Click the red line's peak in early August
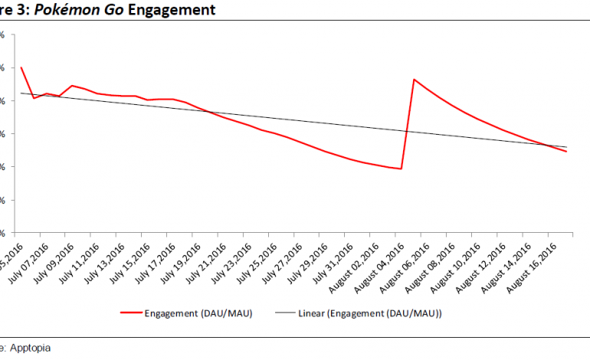[414, 79]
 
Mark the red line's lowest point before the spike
[402, 169]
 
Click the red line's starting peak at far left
[21, 67]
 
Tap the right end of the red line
[566, 152]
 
